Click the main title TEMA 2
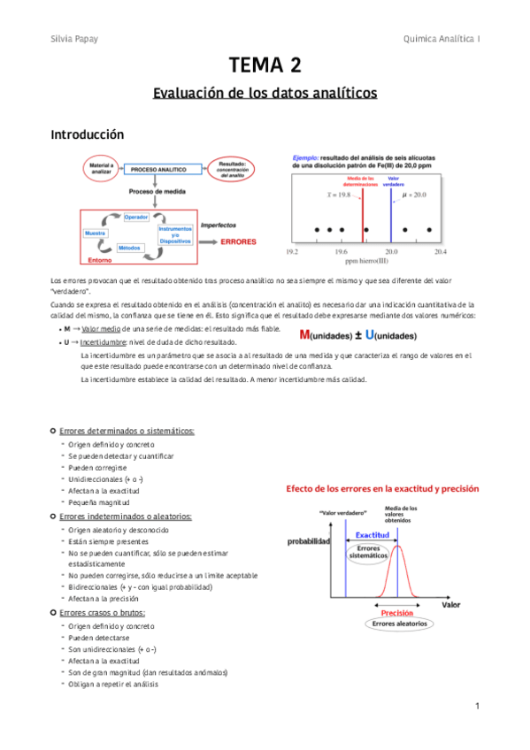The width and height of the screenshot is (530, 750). (265, 65)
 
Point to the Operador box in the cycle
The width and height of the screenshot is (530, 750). (135, 217)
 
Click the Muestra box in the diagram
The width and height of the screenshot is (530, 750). (96, 233)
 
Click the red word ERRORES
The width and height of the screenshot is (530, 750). (238, 241)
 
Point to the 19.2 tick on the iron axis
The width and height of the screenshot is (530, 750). (292, 252)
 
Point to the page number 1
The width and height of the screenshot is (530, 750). (476, 706)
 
